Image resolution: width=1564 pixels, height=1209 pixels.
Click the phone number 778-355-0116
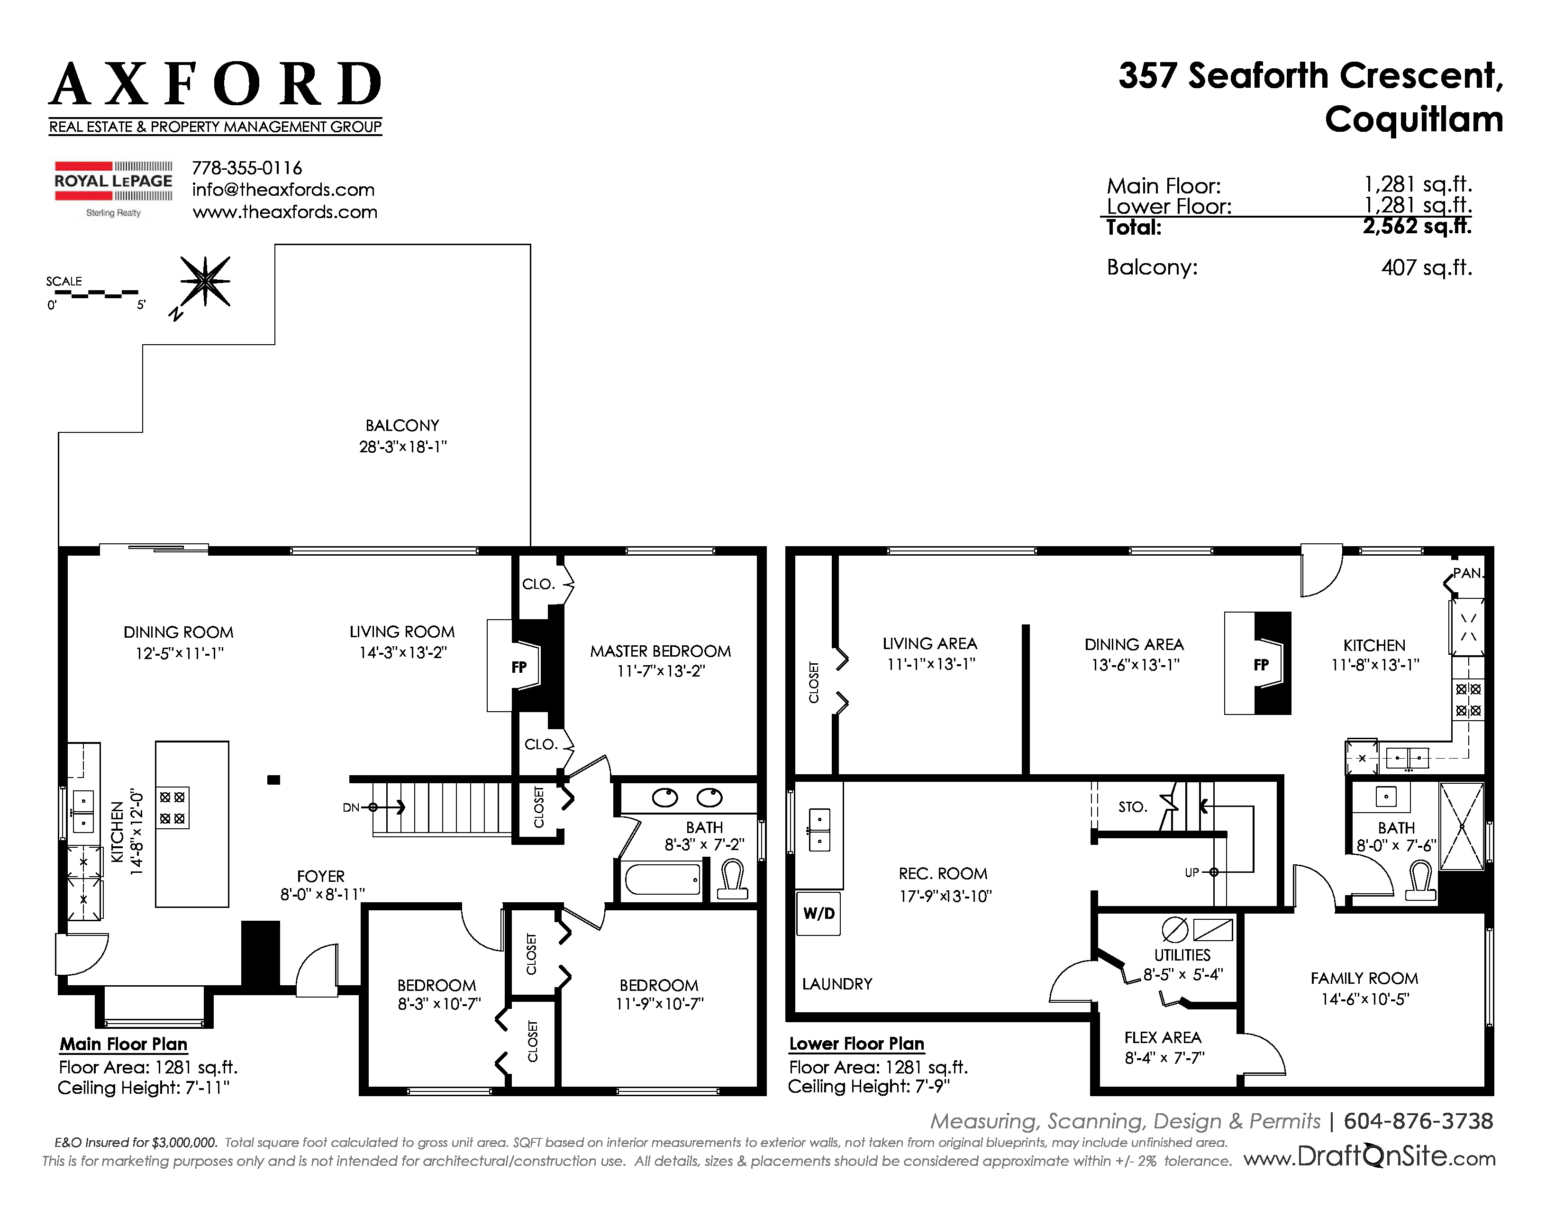tap(247, 168)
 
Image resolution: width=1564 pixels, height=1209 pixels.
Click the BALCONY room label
tap(402, 425)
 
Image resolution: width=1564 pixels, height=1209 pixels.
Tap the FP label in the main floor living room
tap(519, 667)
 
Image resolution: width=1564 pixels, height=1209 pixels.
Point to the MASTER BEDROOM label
tap(660, 651)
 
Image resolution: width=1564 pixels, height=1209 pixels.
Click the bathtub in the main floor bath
tap(663, 879)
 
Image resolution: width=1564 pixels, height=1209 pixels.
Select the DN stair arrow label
tap(351, 807)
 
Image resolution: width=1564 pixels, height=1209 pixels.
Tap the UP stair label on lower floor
tap(1191, 872)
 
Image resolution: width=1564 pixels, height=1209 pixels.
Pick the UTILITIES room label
tap(1182, 955)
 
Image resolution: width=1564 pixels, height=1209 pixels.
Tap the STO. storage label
tap(1132, 807)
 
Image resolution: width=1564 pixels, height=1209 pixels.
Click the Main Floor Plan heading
tap(124, 1044)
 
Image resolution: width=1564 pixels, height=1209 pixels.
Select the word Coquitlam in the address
tap(1414, 119)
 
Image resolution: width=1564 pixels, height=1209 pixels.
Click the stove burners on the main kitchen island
tap(173, 808)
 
